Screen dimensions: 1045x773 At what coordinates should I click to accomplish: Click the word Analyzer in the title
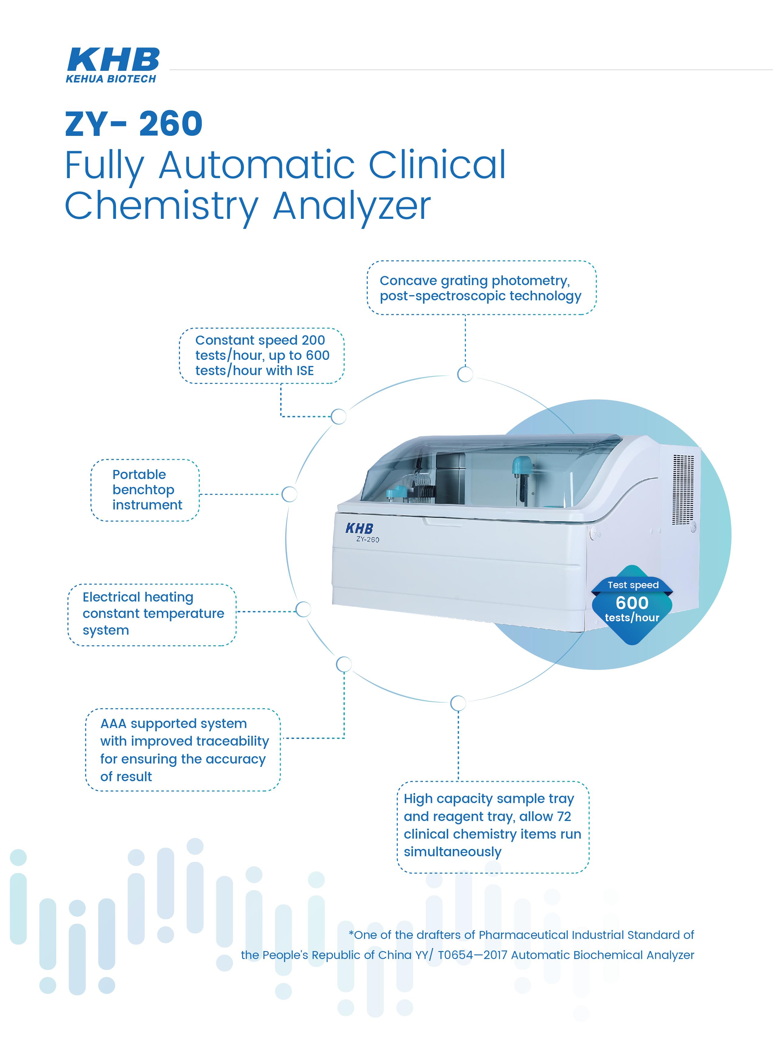352,205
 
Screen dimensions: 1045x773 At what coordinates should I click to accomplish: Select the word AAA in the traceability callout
114,723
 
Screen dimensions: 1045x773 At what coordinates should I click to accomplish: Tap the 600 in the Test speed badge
632,603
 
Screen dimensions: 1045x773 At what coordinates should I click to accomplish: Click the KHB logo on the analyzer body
359,528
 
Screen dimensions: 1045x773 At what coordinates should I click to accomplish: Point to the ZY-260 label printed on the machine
367,539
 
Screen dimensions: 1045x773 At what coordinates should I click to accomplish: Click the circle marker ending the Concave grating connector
465,374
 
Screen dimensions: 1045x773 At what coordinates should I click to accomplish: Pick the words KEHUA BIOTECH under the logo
111,79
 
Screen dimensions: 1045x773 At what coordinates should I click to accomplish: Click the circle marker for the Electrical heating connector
303,609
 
